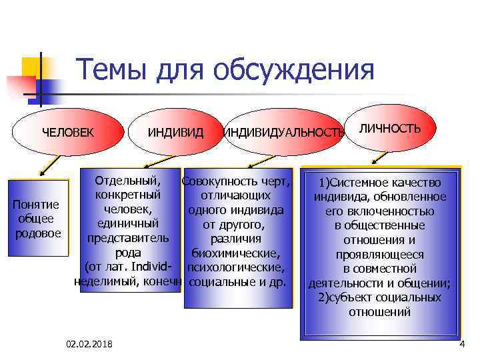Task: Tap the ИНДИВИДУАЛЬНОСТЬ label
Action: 283,132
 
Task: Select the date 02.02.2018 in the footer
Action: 89,343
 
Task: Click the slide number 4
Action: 461,343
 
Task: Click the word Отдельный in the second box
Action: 127,181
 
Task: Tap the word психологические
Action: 236,267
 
